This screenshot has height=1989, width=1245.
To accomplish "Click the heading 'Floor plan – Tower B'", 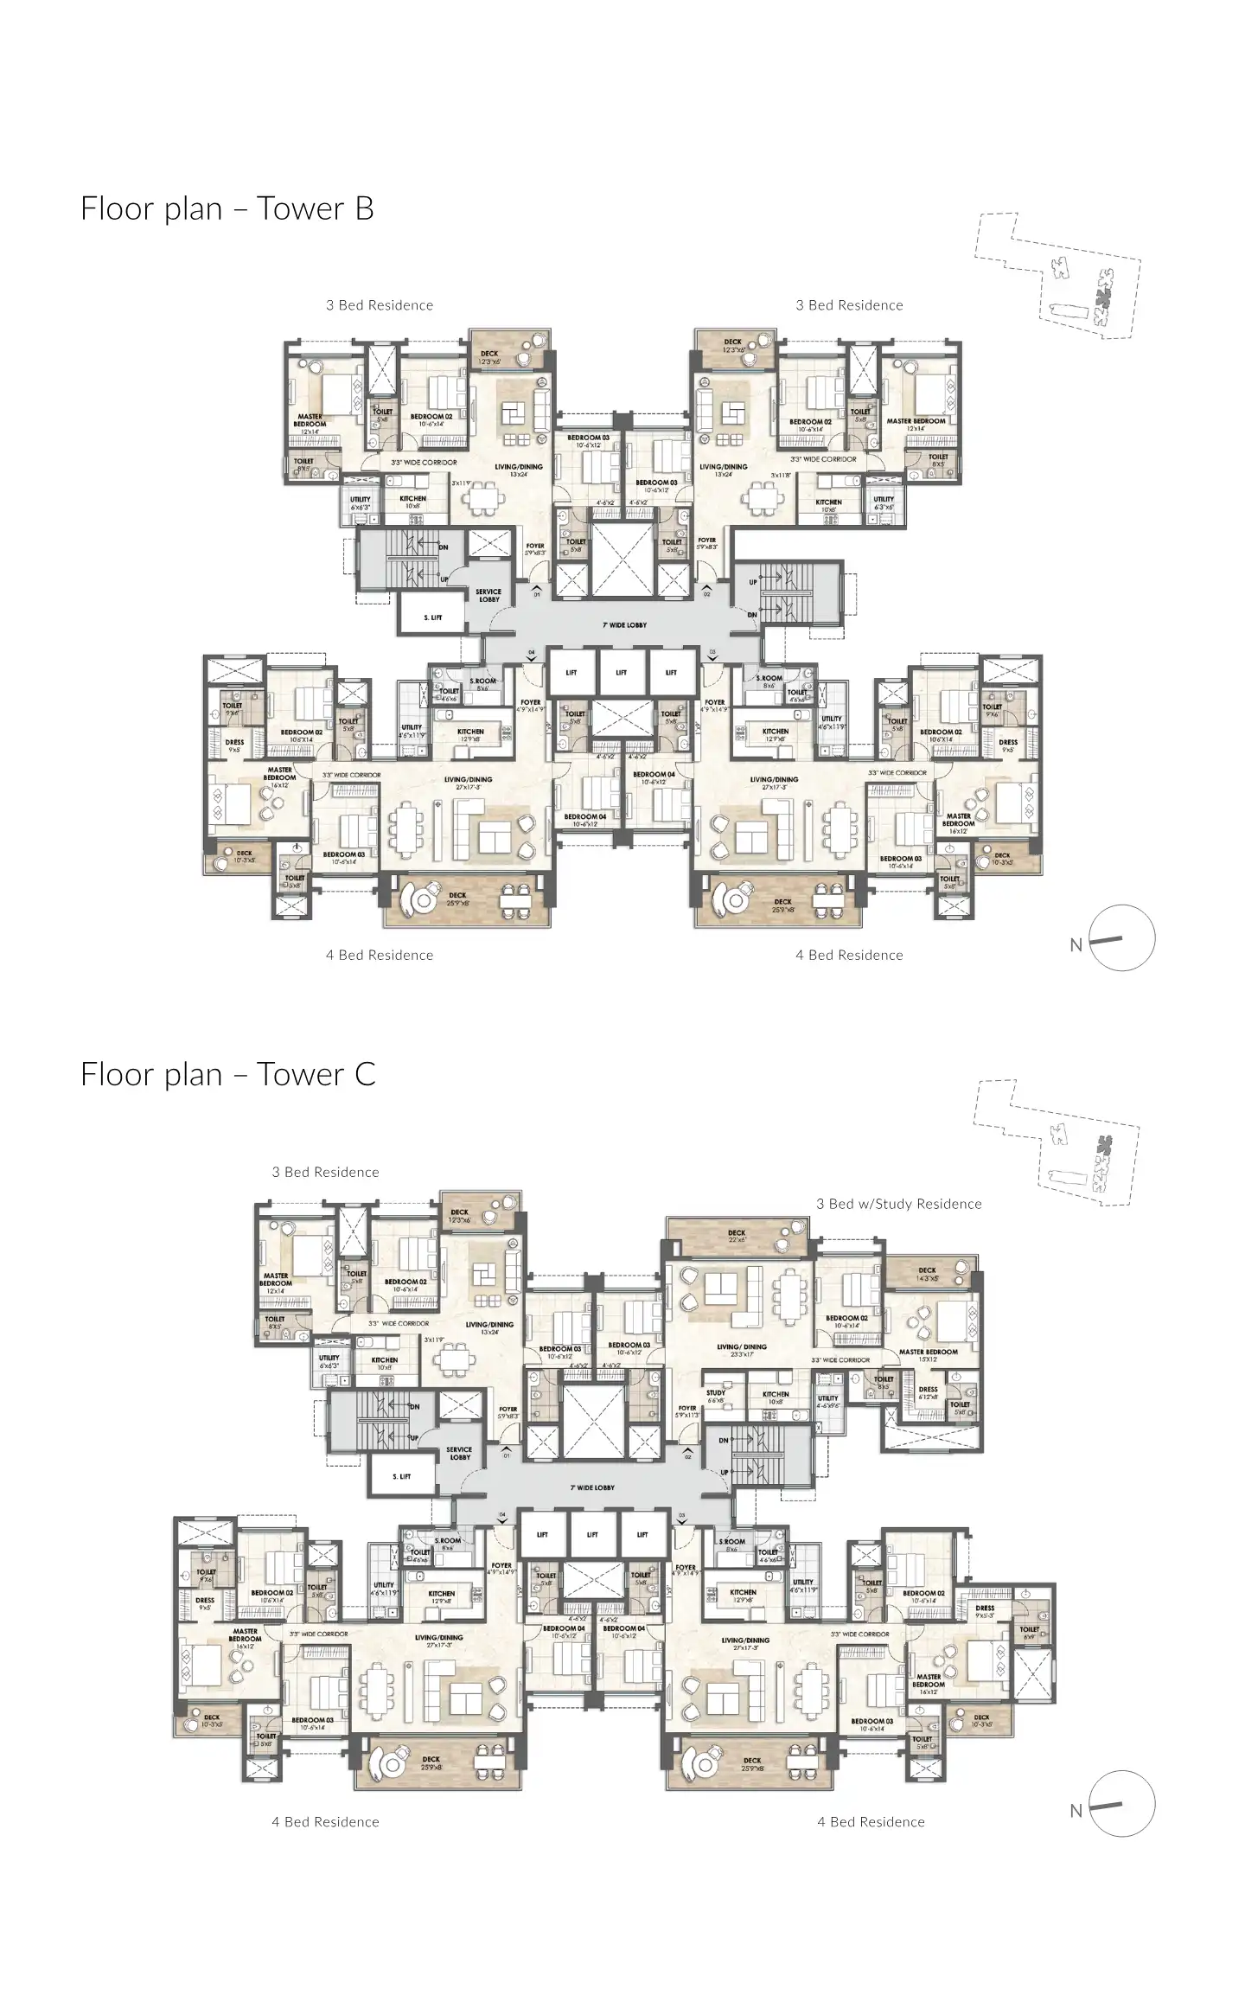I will click(x=227, y=208).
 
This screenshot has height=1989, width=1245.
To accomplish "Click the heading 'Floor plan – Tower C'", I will click(x=227, y=1074).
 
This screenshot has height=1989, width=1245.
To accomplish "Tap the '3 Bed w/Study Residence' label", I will click(x=898, y=1204).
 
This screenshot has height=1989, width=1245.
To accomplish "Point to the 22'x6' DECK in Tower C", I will click(x=737, y=1237).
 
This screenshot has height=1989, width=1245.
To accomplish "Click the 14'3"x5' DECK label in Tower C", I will click(x=927, y=1274).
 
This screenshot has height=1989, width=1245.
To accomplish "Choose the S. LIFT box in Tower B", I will click(x=432, y=617).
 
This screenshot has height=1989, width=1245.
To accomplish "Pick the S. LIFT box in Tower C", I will click(x=401, y=1476).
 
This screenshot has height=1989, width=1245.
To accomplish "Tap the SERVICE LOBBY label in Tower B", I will click(x=488, y=596).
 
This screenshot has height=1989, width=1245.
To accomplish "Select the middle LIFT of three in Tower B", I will click(x=621, y=673).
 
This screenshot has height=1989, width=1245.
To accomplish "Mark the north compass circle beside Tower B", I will click(x=1121, y=938).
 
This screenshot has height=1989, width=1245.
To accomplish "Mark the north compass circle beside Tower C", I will click(x=1121, y=1804).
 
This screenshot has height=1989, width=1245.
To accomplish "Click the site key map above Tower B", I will click(x=1057, y=281).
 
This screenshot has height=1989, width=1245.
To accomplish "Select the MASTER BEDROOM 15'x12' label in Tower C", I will click(x=929, y=1355).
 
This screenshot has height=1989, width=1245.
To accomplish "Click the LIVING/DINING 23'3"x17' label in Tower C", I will click(x=741, y=1351).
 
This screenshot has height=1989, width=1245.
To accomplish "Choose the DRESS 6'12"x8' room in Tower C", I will click(x=928, y=1393).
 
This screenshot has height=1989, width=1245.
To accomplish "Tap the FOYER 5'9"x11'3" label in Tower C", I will click(x=687, y=1412).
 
